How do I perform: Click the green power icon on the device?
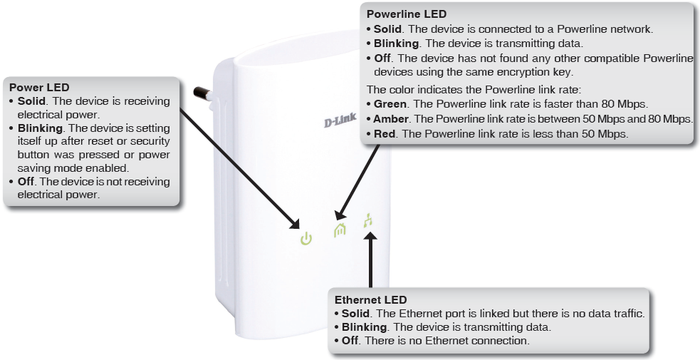(x=306, y=239)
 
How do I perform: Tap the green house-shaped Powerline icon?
(x=340, y=230)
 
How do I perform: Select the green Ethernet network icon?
(x=368, y=220)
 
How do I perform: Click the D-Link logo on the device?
(x=340, y=120)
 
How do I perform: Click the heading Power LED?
(x=39, y=88)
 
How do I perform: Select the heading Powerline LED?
(x=406, y=14)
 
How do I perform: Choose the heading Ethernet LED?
(x=371, y=300)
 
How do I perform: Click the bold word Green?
(x=390, y=104)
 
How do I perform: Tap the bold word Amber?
(x=391, y=119)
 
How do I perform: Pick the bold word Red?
(x=384, y=134)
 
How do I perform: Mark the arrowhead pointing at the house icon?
(x=342, y=213)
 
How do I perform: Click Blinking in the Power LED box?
(x=40, y=128)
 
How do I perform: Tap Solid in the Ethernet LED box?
(x=354, y=314)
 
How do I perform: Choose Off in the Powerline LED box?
(x=382, y=58)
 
